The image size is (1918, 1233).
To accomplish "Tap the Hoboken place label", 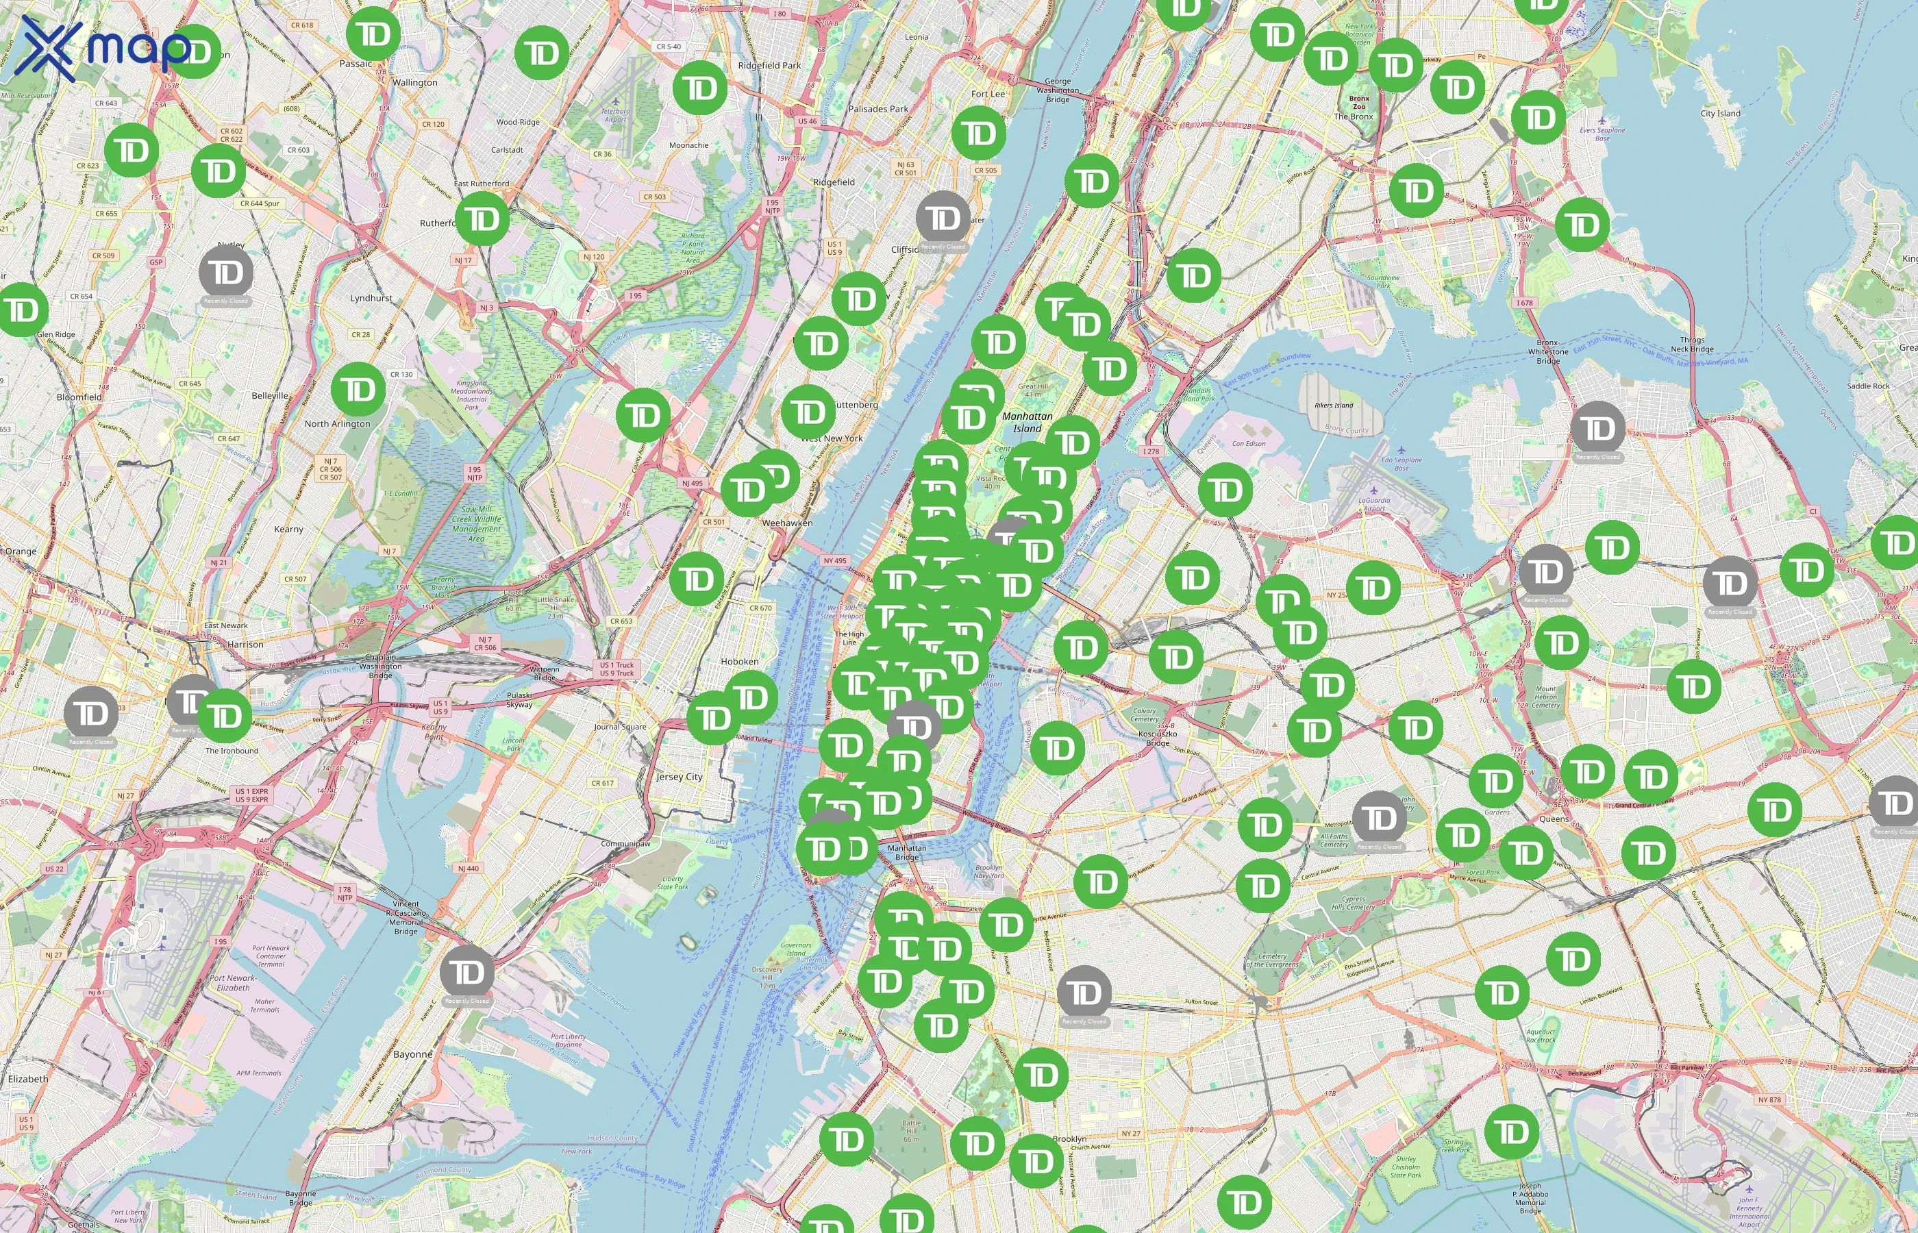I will (x=739, y=661).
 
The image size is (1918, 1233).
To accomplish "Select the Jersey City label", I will (x=679, y=777).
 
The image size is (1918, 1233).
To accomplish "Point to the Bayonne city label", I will (x=412, y=1054).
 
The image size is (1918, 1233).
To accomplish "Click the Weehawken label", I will (x=787, y=523).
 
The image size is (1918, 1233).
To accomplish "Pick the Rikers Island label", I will (x=1334, y=405).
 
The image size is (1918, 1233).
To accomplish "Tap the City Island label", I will (x=1720, y=113).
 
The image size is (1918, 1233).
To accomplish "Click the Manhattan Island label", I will (x=1027, y=422).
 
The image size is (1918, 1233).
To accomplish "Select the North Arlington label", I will (x=337, y=423).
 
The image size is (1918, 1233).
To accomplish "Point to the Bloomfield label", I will (x=79, y=397).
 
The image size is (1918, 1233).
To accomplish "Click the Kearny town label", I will (x=288, y=530).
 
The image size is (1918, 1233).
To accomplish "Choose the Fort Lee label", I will (x=988, y=94).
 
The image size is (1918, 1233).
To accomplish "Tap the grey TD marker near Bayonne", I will (x=467, y=972).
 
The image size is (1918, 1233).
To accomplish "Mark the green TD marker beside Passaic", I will (x=374, y=34).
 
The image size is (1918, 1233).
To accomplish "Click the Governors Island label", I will (x=796, y=949).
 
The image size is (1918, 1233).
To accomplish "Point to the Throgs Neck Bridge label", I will (x=1691, y=345).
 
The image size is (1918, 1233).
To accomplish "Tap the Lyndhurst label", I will (x=371, y=298).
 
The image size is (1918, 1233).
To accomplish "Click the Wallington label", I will (x=414, y=82).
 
